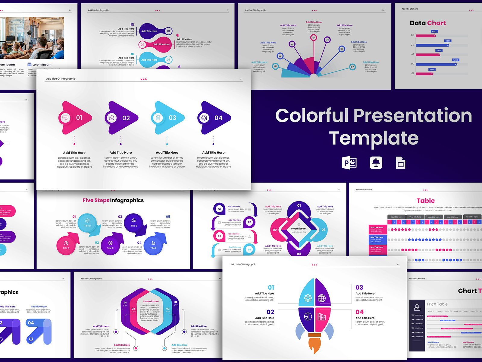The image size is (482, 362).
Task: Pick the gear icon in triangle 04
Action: coord(204,118)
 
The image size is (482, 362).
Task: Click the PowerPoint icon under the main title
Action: coord(349,163)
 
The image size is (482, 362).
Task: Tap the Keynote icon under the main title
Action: coord(376,163)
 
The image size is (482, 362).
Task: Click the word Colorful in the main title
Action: coord(312,116)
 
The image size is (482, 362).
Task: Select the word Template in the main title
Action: coord(374,138)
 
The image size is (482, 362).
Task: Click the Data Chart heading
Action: coord(428,23)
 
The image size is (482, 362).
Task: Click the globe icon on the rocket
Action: coord(322,298)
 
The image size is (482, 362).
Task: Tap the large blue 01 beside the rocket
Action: coord(271,287)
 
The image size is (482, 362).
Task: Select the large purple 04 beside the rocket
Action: coord(359,312)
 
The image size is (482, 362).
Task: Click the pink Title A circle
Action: coord(66,246)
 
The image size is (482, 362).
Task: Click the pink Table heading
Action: coord(425,201)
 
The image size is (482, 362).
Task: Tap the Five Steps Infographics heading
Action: coord(113,200)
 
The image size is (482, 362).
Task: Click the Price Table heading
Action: coord(437,304)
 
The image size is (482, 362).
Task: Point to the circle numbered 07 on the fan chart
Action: coord(352,67)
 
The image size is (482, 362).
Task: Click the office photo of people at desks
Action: coord(32,38)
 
